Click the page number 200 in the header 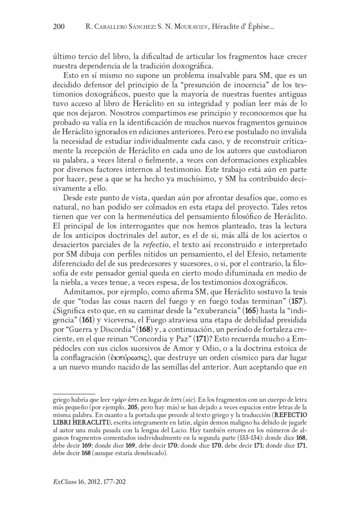click(x=59, y=27)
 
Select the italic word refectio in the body click(x=156, y=245)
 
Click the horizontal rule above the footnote click(x=74, y=393)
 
